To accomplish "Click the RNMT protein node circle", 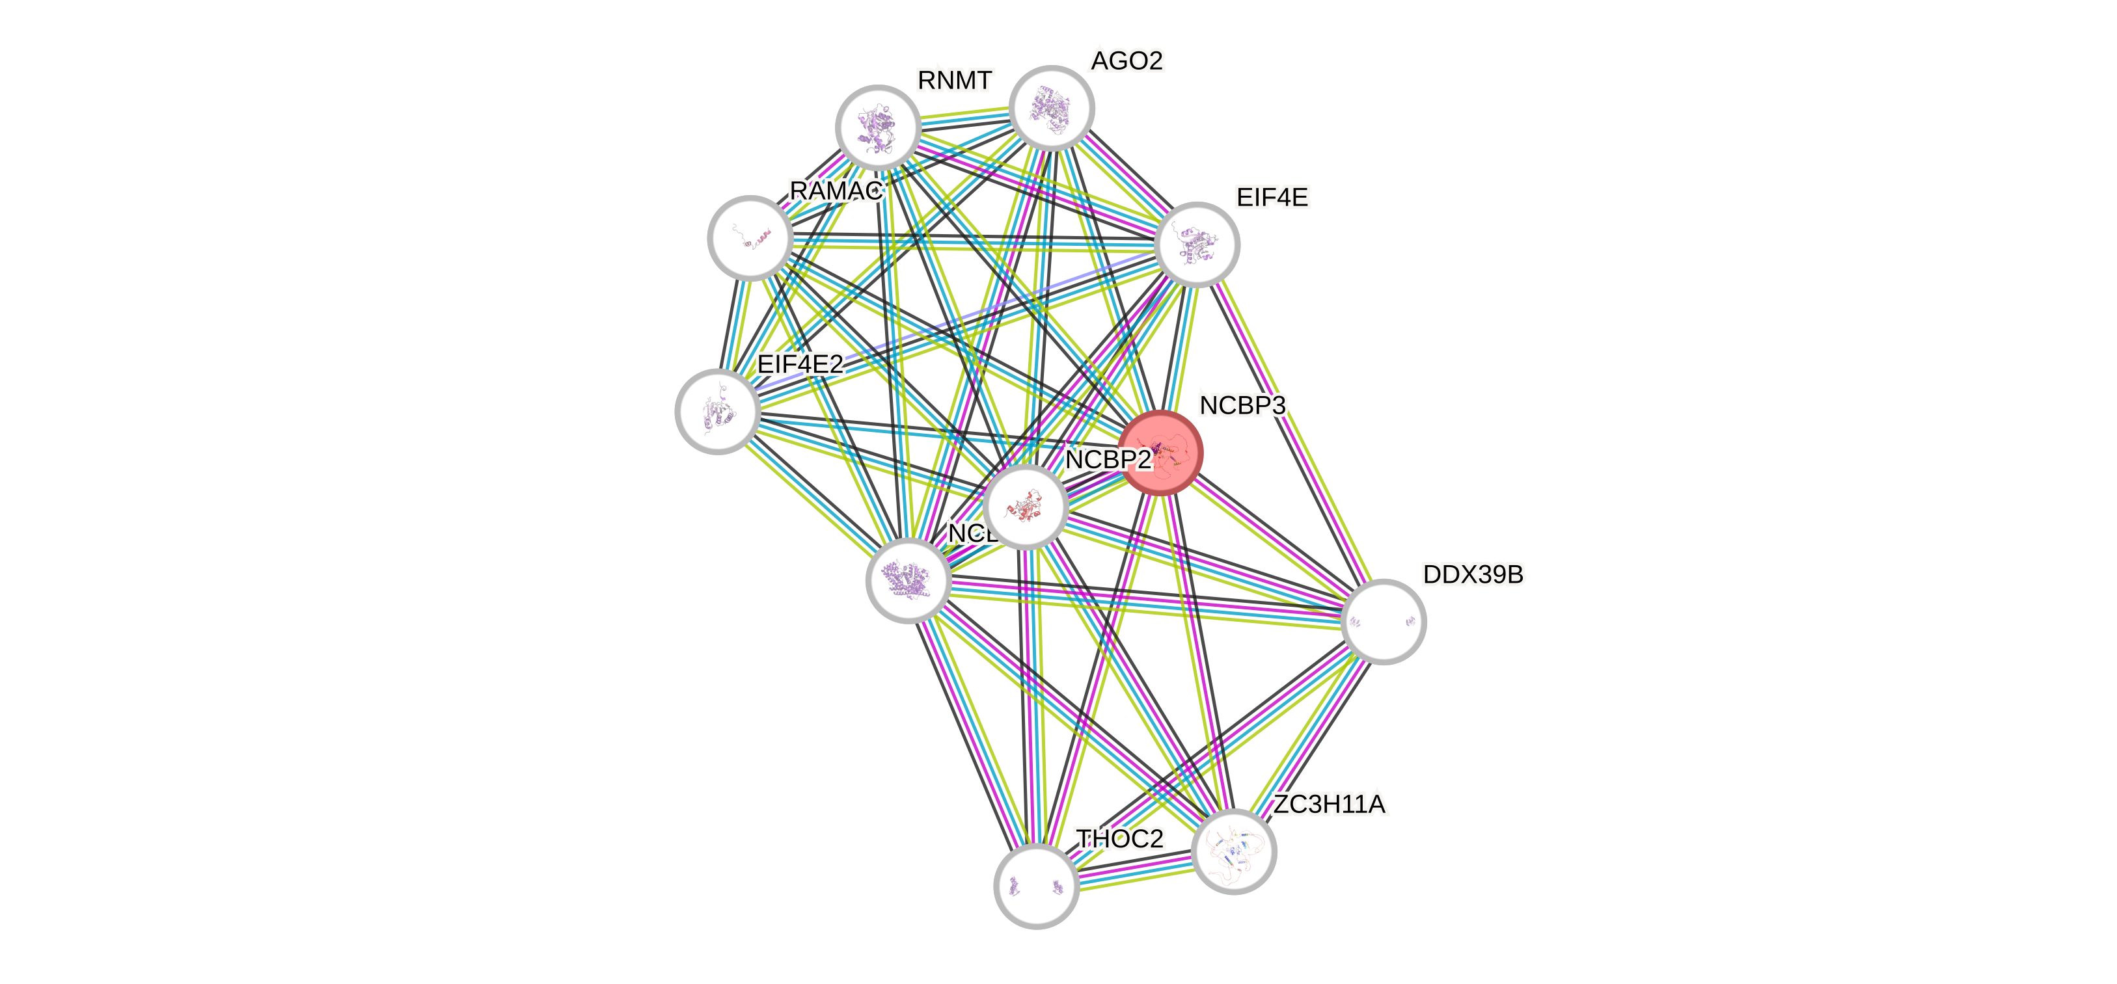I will pyautogui.click(x=878, y=127).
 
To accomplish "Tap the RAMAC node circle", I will pyautogui.click(x=750, y=237).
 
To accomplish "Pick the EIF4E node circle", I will pyautogui.click(x=1197, y=245).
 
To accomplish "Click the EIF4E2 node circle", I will pyautogui.click(x=717, y=410).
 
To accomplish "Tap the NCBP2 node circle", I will pyautogui.click(x=1025, y=507).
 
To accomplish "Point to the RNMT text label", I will pyautogui.click(x=955, y=81).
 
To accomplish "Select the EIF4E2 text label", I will pyautogui.click(x=800, y=364).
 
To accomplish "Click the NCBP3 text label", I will pyautogui.click(x=1242, y=405).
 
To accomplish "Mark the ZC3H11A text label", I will pyautogui.click(x=1329, y=804).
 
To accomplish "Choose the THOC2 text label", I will pyautogui.click(x=1120, y=838).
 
